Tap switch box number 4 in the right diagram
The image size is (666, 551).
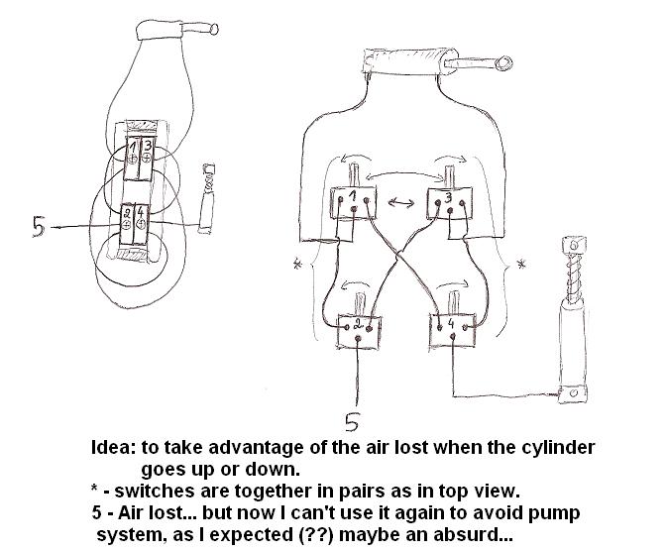point(453,327)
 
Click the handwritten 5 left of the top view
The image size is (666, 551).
point(38,226)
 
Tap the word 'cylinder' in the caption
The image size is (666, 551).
point(558,447)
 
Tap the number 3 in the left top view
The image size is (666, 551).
point(147,149)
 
